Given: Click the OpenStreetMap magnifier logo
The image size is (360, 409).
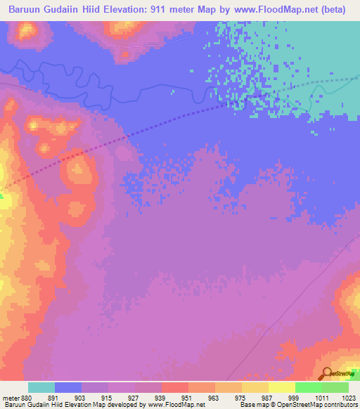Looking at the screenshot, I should (327, 374).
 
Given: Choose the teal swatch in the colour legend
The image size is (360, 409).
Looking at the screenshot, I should (41, 387).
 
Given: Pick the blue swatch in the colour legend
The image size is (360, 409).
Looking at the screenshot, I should (68, 387).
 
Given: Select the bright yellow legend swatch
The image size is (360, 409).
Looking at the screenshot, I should (282, 387).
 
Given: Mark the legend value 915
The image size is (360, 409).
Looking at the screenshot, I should (108, 397).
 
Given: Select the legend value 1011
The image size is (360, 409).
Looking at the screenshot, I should (321, 397).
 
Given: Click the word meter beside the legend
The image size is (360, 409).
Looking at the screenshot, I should (11, 397).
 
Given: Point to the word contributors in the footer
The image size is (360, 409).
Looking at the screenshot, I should (341, 405).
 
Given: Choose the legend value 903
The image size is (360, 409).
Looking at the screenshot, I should (81, 397).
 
